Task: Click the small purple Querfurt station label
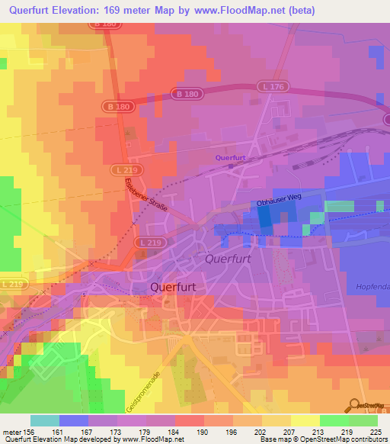[x=229, y=158]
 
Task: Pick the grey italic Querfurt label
[x=229, y=259]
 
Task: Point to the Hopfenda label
[x=372, y=286]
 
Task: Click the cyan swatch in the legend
[x=45, y=420]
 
